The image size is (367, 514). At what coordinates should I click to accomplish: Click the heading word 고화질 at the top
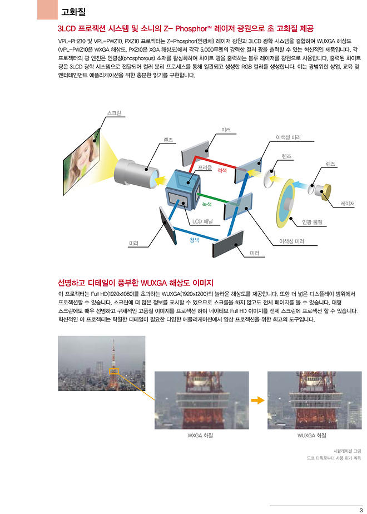[x=74, y=12]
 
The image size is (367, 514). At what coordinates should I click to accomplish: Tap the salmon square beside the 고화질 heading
[x=47, y=9]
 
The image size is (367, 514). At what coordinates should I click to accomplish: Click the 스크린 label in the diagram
[x=114, y=113]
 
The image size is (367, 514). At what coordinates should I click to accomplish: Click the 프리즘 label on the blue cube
[x=205, y=167]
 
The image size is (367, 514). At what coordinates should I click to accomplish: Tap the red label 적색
[x=222, y=170]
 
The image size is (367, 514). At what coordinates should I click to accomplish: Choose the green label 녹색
[x=207, y=204]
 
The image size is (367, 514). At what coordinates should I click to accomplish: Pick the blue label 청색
[x=194, y=240]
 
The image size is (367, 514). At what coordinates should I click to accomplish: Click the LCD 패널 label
[x=202, y=221]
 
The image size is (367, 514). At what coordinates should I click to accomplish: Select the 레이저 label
[x=348, y=204]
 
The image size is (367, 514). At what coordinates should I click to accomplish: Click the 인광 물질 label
[x=312, y=222]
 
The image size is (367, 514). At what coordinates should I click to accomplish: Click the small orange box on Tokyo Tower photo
[x=113, y=371]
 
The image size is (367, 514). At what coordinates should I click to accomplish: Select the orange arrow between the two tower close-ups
[x=257, y=401]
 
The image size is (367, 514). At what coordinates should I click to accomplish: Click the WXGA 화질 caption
[x=200, y=436]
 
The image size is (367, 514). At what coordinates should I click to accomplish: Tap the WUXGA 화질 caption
[x=311, y=436]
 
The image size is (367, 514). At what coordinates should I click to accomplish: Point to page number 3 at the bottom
[x=361, y=510]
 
